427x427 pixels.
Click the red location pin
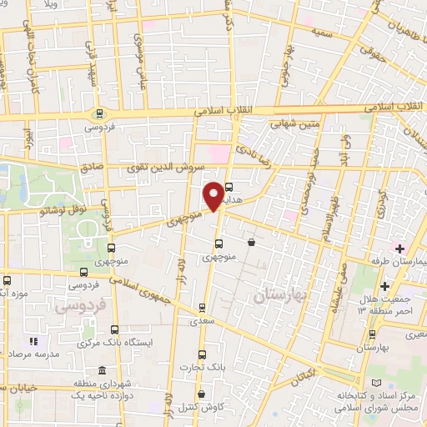pyautogui.click(x=213, y=195)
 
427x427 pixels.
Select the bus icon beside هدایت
pyautogui.click(x=229, y=188)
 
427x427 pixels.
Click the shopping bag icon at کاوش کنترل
pyautogui.click(x=201, y=394)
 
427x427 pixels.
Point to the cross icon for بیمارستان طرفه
pyautogui.click(x=399, y=249)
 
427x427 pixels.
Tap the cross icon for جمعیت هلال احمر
pyautogui.click(x=384, y=288)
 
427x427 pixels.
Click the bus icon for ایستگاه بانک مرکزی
pyautogui.click(x=113, y=330)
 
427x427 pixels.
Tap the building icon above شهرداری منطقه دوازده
pyautogui.click(x=102, y=371)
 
